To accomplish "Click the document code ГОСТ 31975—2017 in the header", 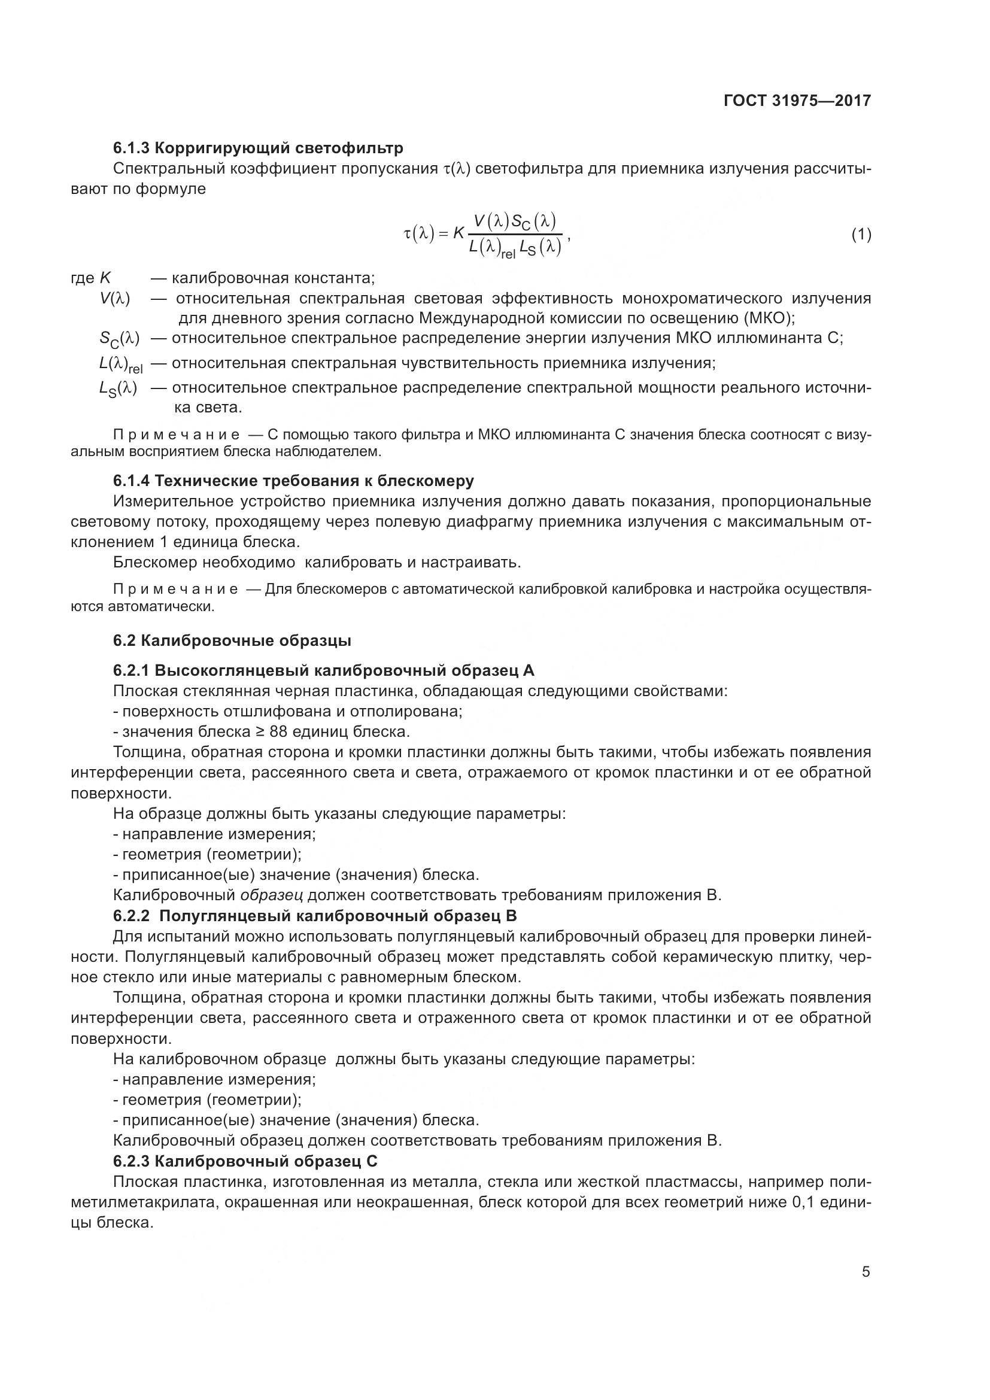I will pos(797,101).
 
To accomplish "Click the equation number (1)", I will pos(861,235).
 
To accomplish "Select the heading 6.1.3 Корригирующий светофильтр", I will pos(258,148).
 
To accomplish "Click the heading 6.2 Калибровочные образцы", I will pos(232,641).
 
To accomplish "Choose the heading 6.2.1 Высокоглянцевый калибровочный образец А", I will pos(324,671).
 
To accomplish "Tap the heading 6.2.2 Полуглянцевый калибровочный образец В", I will pos(315,916).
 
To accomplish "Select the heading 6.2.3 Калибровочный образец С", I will pos(245,1161).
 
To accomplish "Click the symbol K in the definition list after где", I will pos(105,279).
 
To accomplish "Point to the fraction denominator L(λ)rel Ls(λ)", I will pos(515,248).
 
